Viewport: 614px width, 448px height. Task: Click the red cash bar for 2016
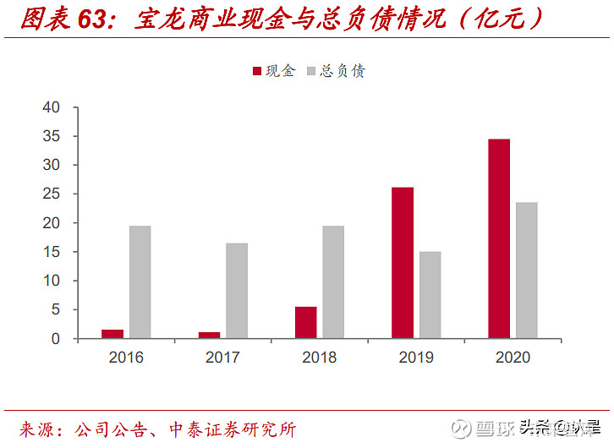[112, 334]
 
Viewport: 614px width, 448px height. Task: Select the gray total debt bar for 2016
[140, 282]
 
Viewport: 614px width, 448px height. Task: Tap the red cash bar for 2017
[209, 335]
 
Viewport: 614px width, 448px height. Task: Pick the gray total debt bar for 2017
[237, 291]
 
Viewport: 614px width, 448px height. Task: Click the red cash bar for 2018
[306, 322]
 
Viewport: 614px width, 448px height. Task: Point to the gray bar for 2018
[333, 282]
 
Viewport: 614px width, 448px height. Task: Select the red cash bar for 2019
[403, 263]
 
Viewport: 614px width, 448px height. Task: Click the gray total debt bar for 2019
[430, 295]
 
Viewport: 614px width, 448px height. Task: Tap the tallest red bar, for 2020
[499, 238]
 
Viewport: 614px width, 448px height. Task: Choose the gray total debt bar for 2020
[527, 270]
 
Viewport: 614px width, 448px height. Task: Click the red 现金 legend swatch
[257, 72]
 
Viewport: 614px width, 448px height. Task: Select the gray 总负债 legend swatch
[310, 72]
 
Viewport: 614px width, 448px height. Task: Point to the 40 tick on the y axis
[52, 107]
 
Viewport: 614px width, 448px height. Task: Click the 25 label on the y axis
[52, 194]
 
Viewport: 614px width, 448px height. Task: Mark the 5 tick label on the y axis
[57, 310]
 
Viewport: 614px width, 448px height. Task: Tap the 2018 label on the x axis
[320, 358]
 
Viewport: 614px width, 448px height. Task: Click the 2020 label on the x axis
[513, 358]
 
